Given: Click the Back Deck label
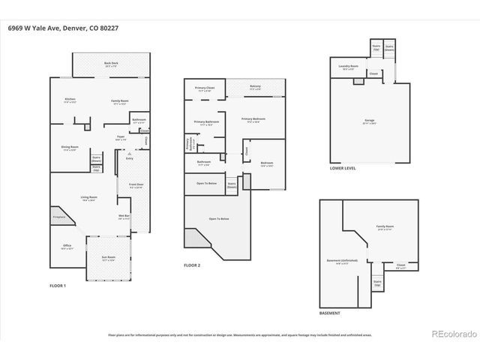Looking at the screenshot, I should (x=112, y=65).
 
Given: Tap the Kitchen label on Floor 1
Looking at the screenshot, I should (x=70, y=100).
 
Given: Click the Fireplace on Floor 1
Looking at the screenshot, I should (x=58, y=217).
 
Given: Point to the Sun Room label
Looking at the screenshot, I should (x=109, y=258).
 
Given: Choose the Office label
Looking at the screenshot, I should (x=67, y=247).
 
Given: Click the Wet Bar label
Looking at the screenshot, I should (x=124, y=217).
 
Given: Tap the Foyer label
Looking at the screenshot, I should (x=120, y=137).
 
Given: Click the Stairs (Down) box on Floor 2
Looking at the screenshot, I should (x=232, y=184).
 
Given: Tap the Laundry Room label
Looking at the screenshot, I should (x=346, y=67).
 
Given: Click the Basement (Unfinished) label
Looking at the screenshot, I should (x=341, y=262).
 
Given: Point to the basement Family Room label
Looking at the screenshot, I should (x=385, y=227).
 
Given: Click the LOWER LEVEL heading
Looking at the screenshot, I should (x=343, y=168).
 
